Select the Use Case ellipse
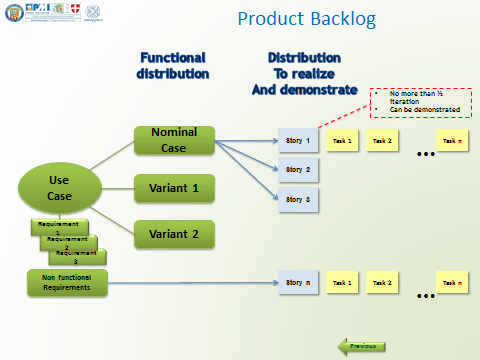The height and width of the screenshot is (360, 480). click(58, 187)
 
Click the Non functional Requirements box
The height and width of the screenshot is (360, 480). click(64, 283)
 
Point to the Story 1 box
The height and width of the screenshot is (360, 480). click(298, 141)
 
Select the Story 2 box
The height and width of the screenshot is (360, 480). click(298, 170)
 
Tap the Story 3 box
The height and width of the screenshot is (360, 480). click(298, 200)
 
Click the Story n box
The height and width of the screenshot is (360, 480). click(298, 283)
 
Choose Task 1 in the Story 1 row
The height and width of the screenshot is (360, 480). click(343, 141)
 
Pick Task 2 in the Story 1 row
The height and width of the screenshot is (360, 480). click(381, 141)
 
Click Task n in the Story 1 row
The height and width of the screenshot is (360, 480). click(451, 141)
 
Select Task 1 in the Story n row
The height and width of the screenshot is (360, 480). click(343, 283)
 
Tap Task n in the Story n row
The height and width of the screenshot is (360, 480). click(451, 283)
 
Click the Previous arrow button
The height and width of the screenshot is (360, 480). click(361, 346)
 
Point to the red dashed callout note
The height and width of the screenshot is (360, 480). click(420, 103)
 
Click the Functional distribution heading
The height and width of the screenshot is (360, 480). click(173, 66)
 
